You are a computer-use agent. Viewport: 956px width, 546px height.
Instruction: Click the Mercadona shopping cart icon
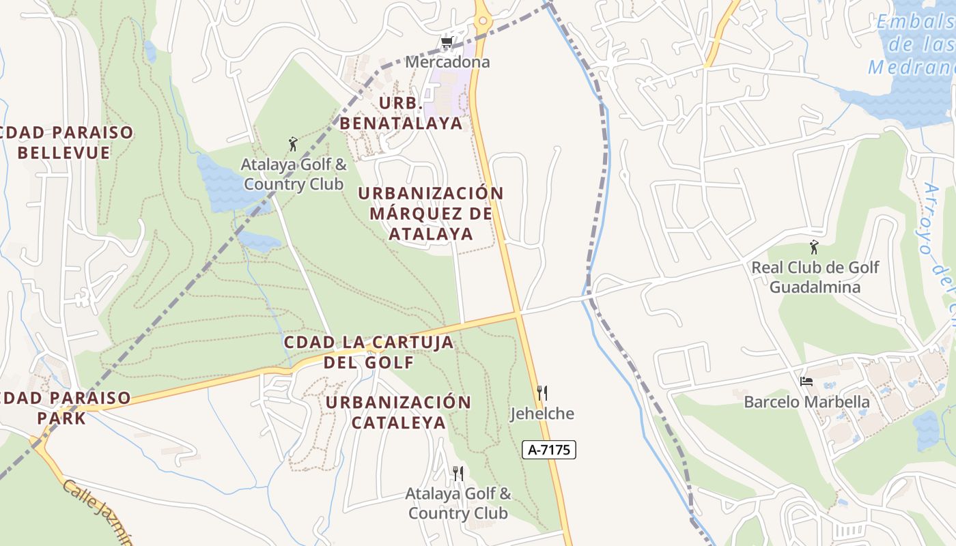(447, 44)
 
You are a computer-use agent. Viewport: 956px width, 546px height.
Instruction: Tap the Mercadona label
(447, 62)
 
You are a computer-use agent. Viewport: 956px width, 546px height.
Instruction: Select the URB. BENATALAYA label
(401, 113)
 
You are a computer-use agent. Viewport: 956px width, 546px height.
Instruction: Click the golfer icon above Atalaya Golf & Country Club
(294, 144)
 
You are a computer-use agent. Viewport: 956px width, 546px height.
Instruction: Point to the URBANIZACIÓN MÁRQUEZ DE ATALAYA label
(431, 214)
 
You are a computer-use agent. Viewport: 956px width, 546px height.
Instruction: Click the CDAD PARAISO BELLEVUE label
(66, 143)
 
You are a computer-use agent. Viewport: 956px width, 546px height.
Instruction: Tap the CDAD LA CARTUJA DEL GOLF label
(369, 351)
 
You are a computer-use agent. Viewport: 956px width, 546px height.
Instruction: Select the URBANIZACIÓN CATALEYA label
(398, 412)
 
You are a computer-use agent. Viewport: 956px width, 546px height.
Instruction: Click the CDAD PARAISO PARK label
(64, 407)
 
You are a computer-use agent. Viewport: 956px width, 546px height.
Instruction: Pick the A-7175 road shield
(549, 449)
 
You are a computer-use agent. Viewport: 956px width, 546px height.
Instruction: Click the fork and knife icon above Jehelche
(542, 392)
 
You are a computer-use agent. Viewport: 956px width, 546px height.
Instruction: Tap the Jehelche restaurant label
(542, 414)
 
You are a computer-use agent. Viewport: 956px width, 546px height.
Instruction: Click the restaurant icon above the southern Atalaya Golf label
(458, 473)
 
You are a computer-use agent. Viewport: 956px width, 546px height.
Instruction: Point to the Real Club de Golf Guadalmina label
(815, 276)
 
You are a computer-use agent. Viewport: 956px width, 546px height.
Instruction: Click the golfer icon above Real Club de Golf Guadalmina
(814, 247)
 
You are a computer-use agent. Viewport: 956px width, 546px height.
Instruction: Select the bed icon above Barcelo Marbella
(806, 382)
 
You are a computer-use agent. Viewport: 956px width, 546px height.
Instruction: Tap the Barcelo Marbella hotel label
(806, 402)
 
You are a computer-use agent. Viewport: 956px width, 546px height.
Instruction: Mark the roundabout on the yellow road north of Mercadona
(483, 20)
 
